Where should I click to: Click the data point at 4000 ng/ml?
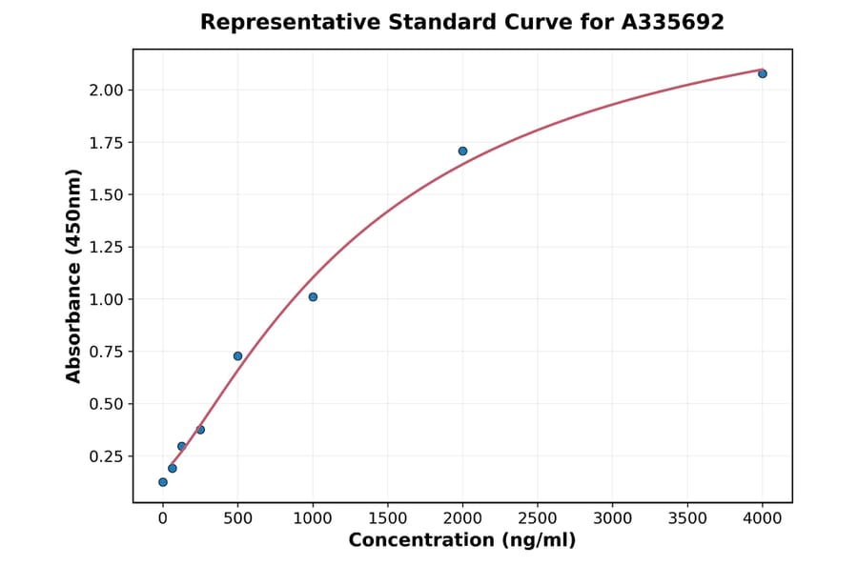tap(762, 73)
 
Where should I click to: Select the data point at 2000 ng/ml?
tap(462, 151)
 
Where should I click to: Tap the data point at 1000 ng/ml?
tap(313, 297)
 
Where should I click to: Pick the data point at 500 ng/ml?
tap(237, 356)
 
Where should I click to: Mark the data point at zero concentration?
tap(163, 482)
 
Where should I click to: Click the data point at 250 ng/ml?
tap(200, 430)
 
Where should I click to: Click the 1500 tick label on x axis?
tap(387, 518)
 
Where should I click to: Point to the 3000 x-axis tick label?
tap(612, 518)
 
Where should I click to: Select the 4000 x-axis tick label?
tap(762, 518)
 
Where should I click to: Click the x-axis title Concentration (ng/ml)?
tap(462, 541)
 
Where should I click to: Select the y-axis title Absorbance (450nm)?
tap(73, 275)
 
